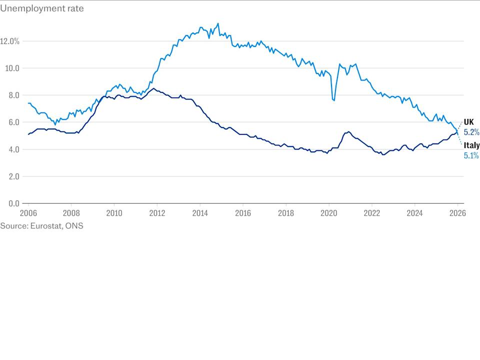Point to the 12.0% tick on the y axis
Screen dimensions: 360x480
point(9,41)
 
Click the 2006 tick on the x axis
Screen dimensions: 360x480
point(28,212)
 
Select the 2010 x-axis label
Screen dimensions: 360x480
point(114,212)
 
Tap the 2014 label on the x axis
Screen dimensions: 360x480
point(200,212)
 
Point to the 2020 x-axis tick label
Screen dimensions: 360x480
point(329,212)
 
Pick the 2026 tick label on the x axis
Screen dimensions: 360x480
point(457,212)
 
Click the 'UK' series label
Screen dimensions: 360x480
point(468,122)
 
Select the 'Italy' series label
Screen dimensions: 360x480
point(471,145)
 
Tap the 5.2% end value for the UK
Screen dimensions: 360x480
point(471,132)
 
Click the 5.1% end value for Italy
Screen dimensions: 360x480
point(471,155)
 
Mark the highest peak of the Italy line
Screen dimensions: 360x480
point(217,23)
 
